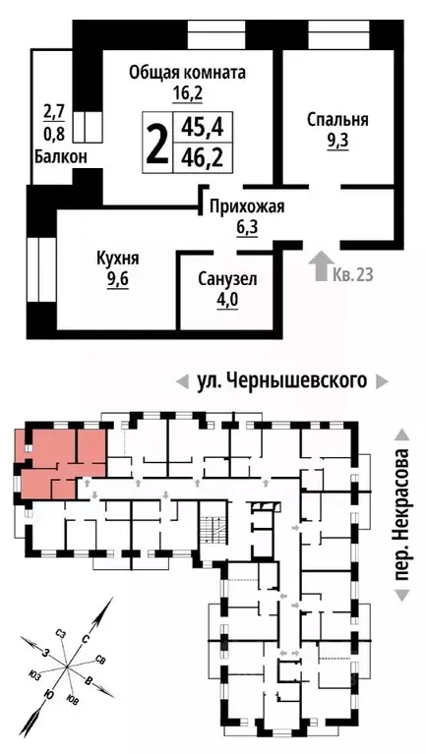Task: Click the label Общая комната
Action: (188, 73)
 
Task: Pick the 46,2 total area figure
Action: (200, 157)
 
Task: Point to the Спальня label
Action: (337, 120)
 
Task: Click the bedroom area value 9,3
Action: (337, 141)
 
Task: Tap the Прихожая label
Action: (246, 206)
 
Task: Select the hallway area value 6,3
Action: (246, 227)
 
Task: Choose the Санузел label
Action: (226, 279)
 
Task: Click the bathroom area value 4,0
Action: (226, 300)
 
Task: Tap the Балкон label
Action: (65, 156)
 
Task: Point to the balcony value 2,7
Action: (52, 110)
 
